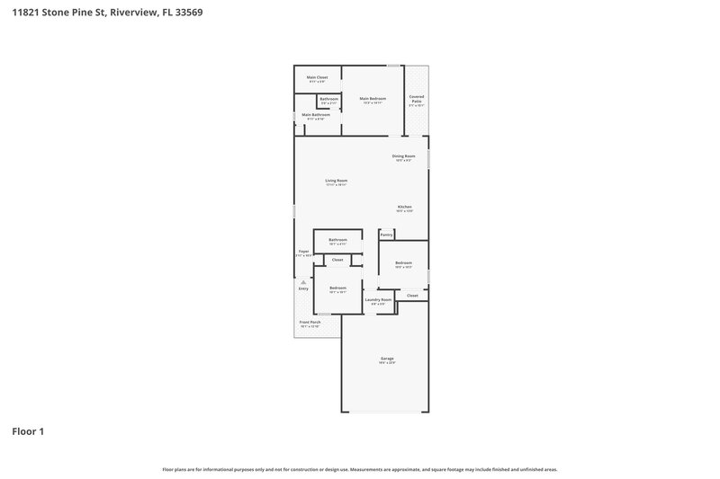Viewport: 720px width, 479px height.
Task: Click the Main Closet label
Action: click(x=316, y=77)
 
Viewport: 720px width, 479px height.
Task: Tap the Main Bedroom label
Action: click(x=373, y=99)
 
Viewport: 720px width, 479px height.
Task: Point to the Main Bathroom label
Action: click(x=315, y=115)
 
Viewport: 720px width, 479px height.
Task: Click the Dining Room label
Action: click(x=403, y=156)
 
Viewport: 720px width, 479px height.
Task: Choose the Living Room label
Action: click(x=336, y=181)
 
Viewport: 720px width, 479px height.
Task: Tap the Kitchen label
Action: click(x=404, y=207)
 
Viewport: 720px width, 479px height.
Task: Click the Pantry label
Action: click(x=386, y=235)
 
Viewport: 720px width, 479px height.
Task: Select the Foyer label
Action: click(x=303, y=252)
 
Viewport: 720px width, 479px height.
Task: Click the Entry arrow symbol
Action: click(x=303, y=280)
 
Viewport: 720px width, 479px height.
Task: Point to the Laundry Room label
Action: click(x=378, y=299)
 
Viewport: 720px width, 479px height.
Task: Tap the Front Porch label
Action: click(x=310, y=322)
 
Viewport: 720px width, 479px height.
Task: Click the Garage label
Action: click(x=387, y=359)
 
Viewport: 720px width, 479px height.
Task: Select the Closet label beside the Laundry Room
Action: click(x=412, y=295)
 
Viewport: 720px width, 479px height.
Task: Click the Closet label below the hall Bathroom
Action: click(x=337, y=260)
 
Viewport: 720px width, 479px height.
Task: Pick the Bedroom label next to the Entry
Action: click(x=337, y=288)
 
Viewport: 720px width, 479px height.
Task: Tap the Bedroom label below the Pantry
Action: click(x=403, y=263)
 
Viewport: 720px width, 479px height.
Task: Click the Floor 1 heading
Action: click(x=27, y=431)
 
